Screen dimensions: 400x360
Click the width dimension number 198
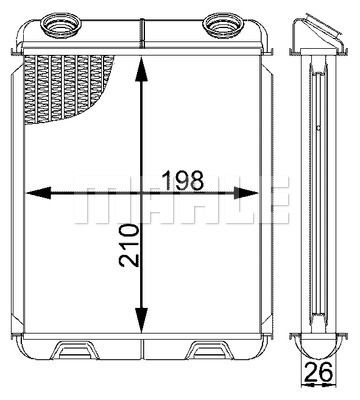click(184, 180)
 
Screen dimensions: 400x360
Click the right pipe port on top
click(217, 22)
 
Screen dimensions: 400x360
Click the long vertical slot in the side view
click(318, 200)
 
